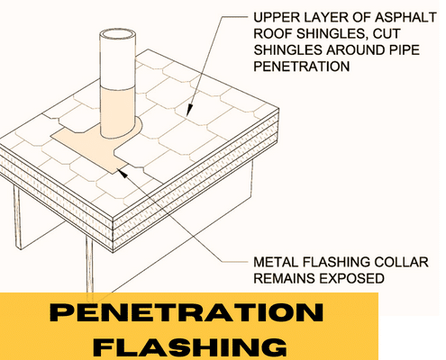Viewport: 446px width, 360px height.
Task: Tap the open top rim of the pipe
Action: pos(115,36)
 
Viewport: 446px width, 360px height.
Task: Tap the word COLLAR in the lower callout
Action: pos(390,262)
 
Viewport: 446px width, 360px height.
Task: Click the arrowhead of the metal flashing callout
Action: pos(120,165)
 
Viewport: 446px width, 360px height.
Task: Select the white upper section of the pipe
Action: pos(116,63)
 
